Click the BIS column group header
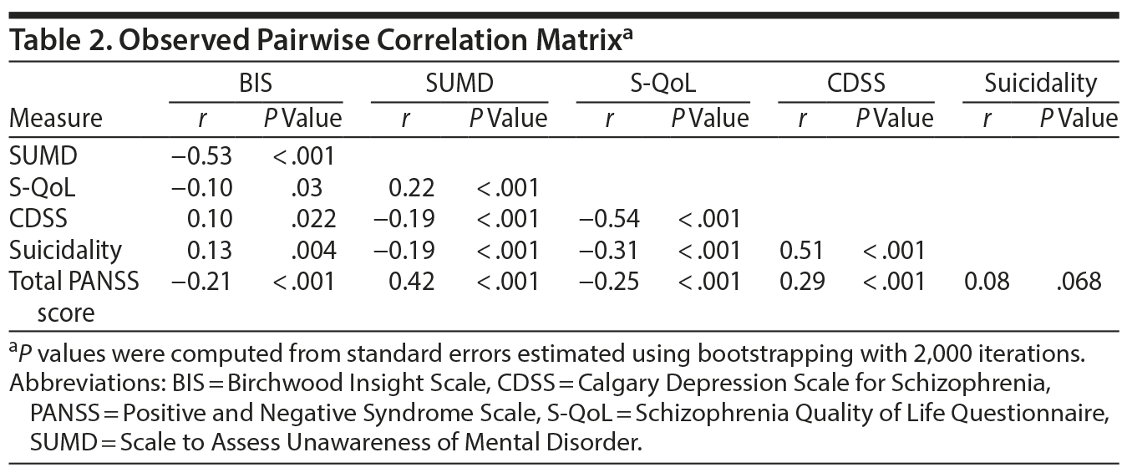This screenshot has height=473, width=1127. click(255, 84)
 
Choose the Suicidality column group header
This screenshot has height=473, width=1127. click(1039, 84)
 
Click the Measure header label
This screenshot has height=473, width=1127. click(56, 118)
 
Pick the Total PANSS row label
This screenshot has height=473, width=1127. click(74, 281)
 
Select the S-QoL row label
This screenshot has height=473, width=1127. click(42, 186)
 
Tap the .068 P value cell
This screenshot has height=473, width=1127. click(1078, 281)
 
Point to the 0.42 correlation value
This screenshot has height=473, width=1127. click(412, 281)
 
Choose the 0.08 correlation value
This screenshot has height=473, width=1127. click(987, 281)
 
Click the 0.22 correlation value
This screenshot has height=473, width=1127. click(412, 186)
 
